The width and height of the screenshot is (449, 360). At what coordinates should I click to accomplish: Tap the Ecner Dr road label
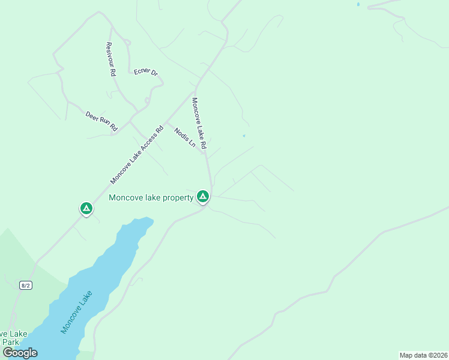click(146, 72)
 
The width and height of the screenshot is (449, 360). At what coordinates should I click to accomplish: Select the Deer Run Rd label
click(101, 121)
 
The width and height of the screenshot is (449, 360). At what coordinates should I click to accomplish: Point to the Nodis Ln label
click(185, 137)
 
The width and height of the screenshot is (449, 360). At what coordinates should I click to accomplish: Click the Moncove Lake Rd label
click(199, 123)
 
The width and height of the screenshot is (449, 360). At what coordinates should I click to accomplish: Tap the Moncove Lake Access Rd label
click(137, 155)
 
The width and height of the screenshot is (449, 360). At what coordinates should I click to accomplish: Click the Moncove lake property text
click(151, 197)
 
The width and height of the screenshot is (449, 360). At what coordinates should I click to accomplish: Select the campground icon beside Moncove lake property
click(203, 196)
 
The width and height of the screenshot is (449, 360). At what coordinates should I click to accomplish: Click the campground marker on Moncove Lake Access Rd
click(86, 208)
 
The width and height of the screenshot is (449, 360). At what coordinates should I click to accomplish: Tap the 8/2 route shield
click(25, 285)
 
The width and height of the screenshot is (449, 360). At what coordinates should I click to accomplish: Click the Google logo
click(20, 353)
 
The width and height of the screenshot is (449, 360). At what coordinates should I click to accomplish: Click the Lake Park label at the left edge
click(12, 338)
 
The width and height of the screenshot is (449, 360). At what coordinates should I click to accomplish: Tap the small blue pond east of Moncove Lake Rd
click(244, 136)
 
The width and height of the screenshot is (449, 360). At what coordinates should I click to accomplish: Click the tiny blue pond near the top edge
click(358, 4)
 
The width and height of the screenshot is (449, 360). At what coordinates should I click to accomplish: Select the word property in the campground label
click(177, 197)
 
